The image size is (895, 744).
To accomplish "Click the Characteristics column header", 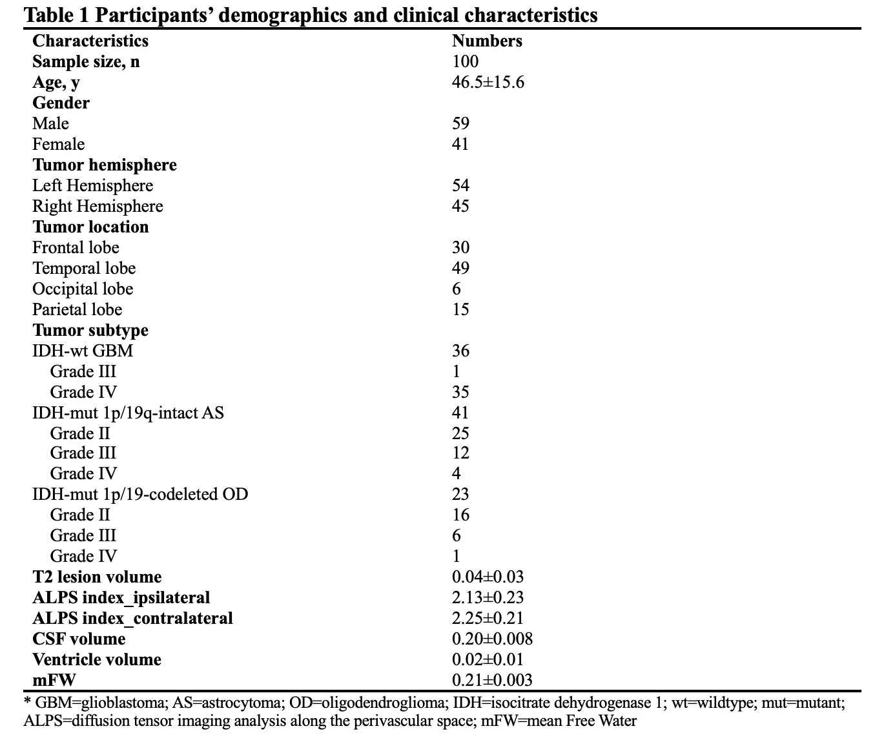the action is click(90, 41).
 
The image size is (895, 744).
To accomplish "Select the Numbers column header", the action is click(487, 41).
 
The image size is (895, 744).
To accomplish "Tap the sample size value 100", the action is click(465, 61).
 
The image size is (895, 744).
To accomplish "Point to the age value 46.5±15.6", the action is click(488, 82).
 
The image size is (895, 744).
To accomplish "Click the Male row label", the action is click(50, 123).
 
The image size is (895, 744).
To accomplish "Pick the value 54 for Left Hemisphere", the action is click(460, 185).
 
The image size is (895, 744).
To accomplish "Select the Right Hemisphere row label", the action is click(98, 206).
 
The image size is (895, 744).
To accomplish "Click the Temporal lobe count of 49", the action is click(460, 268).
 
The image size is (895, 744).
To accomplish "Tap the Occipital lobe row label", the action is click(83, 289).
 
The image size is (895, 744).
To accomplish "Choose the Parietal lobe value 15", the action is click(460, 309).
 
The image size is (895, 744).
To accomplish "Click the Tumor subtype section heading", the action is click(90, 330).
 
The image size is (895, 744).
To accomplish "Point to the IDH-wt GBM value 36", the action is click(460, 351).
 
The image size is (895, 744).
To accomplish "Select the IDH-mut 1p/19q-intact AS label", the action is click(128, 413).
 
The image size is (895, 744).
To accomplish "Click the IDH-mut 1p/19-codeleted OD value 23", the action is click(460, 494).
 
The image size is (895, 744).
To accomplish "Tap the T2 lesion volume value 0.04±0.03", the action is click(488, 577).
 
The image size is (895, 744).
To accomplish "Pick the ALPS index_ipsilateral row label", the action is click(121, 598).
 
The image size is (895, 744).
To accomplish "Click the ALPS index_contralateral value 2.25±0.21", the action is click(488, 618).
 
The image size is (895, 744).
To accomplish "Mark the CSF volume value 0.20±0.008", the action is click(492, 639).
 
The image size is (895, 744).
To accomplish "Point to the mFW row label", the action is click(54, 680).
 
